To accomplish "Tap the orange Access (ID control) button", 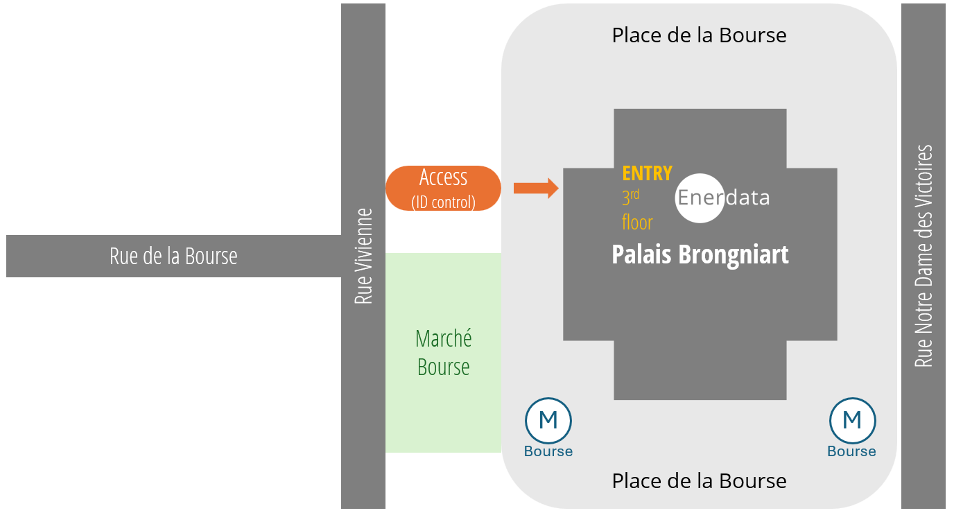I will coord(443,188).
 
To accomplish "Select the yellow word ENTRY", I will coord(647,173).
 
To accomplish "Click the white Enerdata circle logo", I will coord(700,198).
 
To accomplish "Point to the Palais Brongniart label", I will coord(700,254).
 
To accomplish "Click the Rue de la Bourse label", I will coord(173,256).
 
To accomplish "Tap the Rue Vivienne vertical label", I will coord(363,256).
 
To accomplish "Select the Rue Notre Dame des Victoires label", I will coord(923,256).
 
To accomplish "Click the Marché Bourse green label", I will coord(444,352).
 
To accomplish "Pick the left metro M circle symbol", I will coord(548,419).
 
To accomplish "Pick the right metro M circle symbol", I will coord(852,419).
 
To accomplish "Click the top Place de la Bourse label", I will coord(699,35).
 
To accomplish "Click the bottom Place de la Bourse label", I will coord(699,480).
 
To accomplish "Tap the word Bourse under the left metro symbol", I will coord(548,451).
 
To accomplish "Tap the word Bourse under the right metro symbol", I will coord(851,451).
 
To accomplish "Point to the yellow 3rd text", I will coord(630,198).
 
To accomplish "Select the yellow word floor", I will coord(637,223).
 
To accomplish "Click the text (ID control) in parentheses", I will coord(443,202).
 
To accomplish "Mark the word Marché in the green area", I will coord(444,338).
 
